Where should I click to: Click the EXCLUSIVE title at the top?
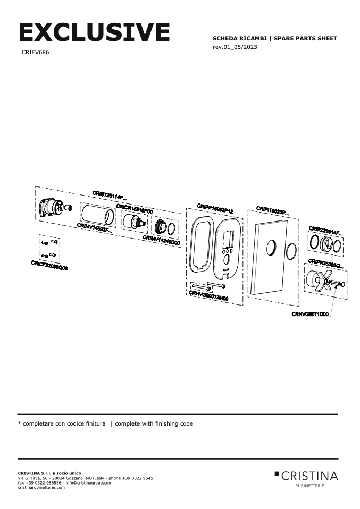tap(94, 32)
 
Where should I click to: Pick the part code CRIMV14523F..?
tap(95, 228)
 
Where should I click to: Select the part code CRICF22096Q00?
tap(49, 265)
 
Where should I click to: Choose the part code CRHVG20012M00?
tap(208, 296)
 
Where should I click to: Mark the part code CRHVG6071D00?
tap(310, 314)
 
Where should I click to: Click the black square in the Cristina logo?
tap(277, 473)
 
